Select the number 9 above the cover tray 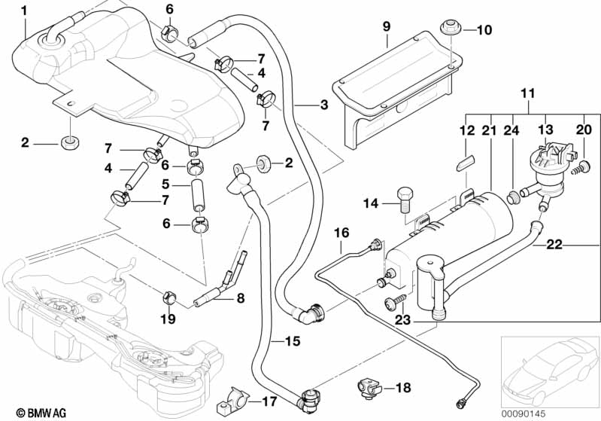386,26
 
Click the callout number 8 241,298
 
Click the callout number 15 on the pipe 293,341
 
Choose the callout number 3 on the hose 324,105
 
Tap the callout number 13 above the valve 544,131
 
